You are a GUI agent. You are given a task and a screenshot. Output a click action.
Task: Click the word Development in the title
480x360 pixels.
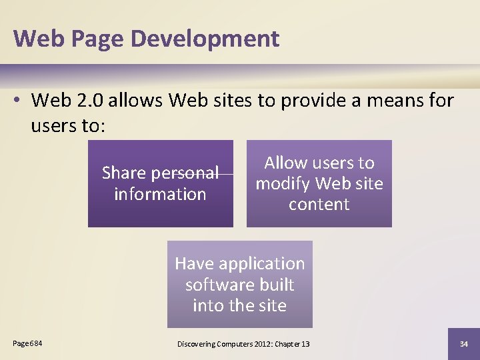coord(205,39)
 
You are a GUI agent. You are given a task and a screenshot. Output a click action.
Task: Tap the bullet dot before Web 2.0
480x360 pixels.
coord(20,101)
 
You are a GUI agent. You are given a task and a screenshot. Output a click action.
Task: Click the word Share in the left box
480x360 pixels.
coord(123,173)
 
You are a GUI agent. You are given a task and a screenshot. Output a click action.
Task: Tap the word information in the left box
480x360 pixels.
coord(160,195)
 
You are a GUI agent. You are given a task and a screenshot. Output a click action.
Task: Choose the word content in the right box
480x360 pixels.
coord(319,205)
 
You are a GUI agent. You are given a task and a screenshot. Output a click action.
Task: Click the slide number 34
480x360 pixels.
coord(464,343)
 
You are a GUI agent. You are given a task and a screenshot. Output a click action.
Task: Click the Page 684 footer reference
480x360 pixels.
coord(27,343)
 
